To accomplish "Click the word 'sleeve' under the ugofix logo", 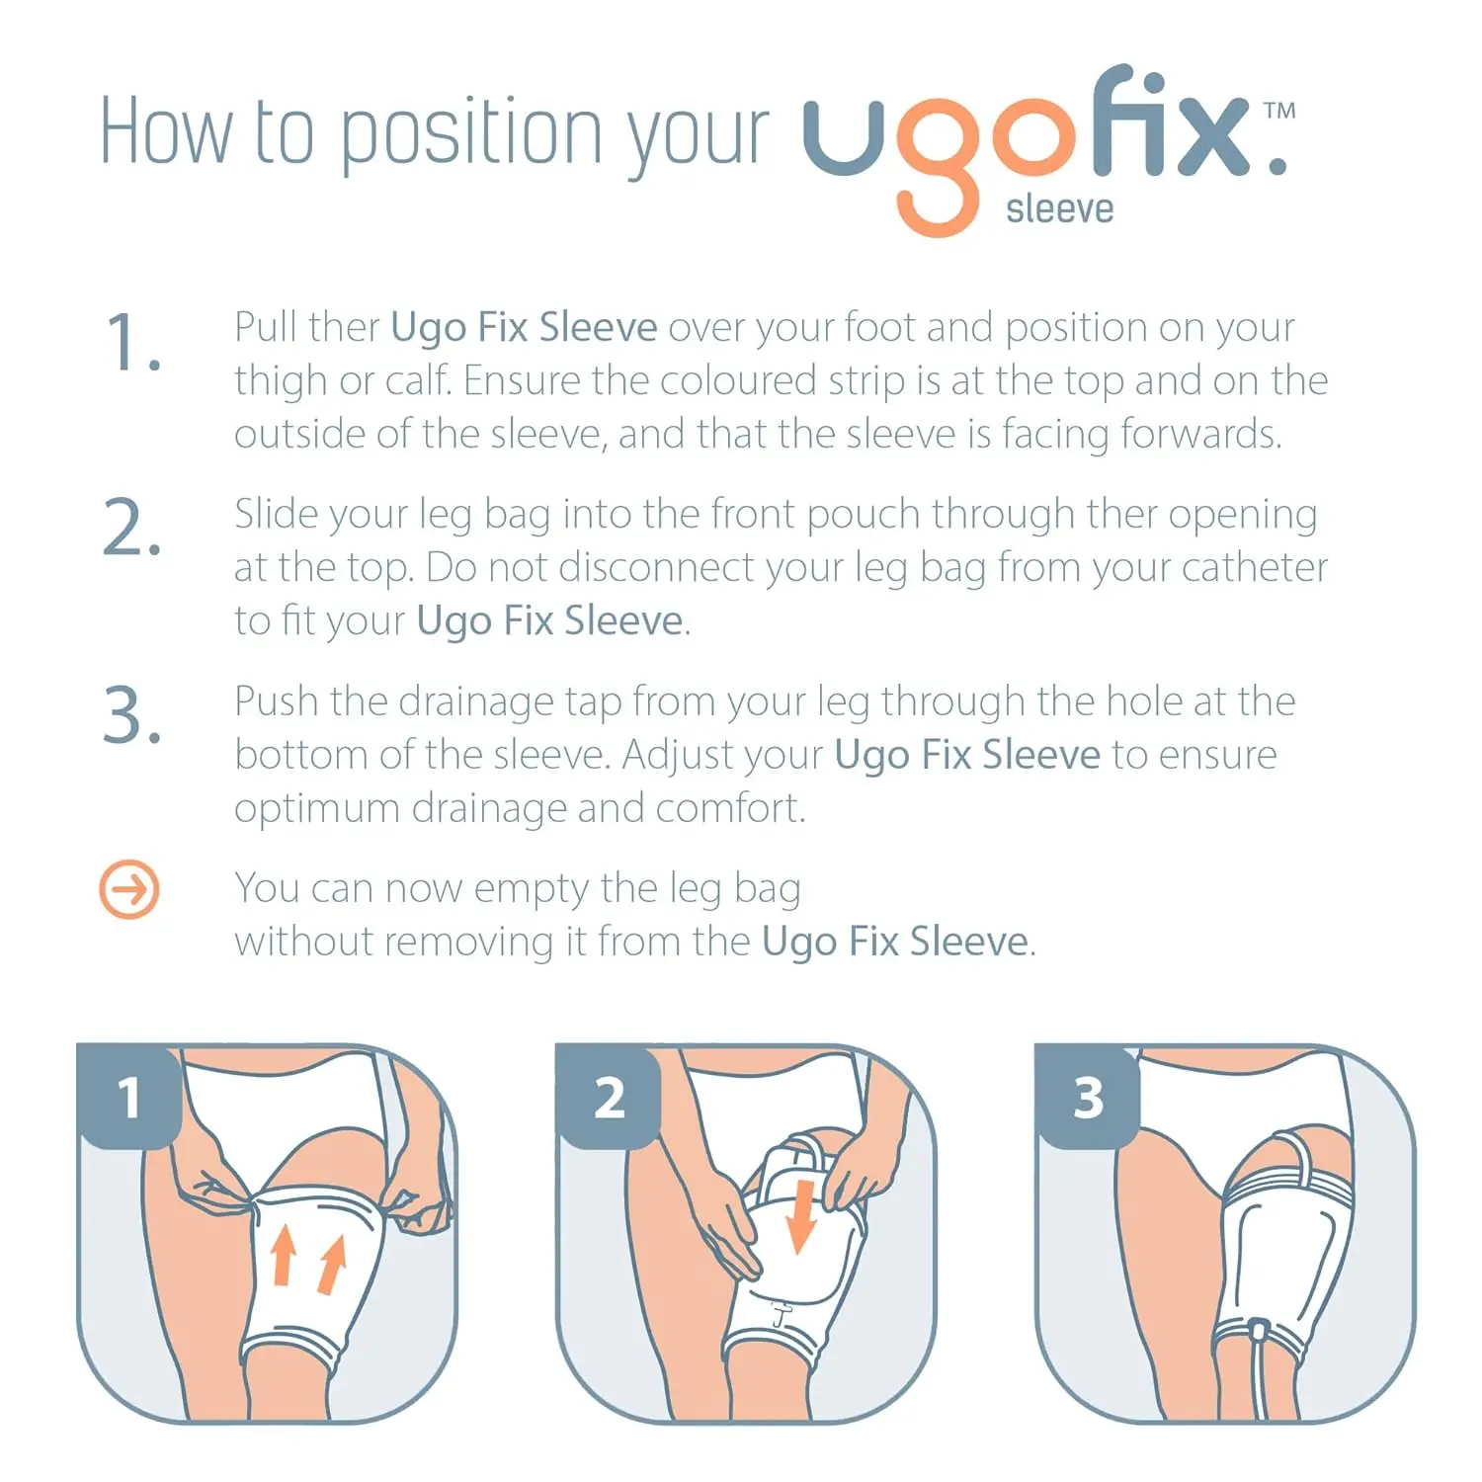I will pos(1059,209).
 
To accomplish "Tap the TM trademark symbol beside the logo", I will pos(1279,111).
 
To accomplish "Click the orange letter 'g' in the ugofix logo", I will pos(937,168).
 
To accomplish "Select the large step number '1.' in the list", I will pos(132,343).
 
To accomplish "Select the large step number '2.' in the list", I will pos(132,529).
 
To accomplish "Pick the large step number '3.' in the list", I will pos(132,715).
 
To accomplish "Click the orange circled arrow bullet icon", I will pos(129,889).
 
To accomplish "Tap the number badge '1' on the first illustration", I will pos(128,1098).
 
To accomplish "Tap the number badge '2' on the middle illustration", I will pos(609,1098).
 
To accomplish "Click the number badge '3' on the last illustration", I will pos(1088,1098).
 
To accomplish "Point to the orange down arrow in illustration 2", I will pos(801,1215).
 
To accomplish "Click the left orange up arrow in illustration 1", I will pos(284,1255).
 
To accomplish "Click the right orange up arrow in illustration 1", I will pos(332,1265).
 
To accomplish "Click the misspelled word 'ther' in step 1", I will pos(344,327).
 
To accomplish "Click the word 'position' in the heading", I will pos(471,133).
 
